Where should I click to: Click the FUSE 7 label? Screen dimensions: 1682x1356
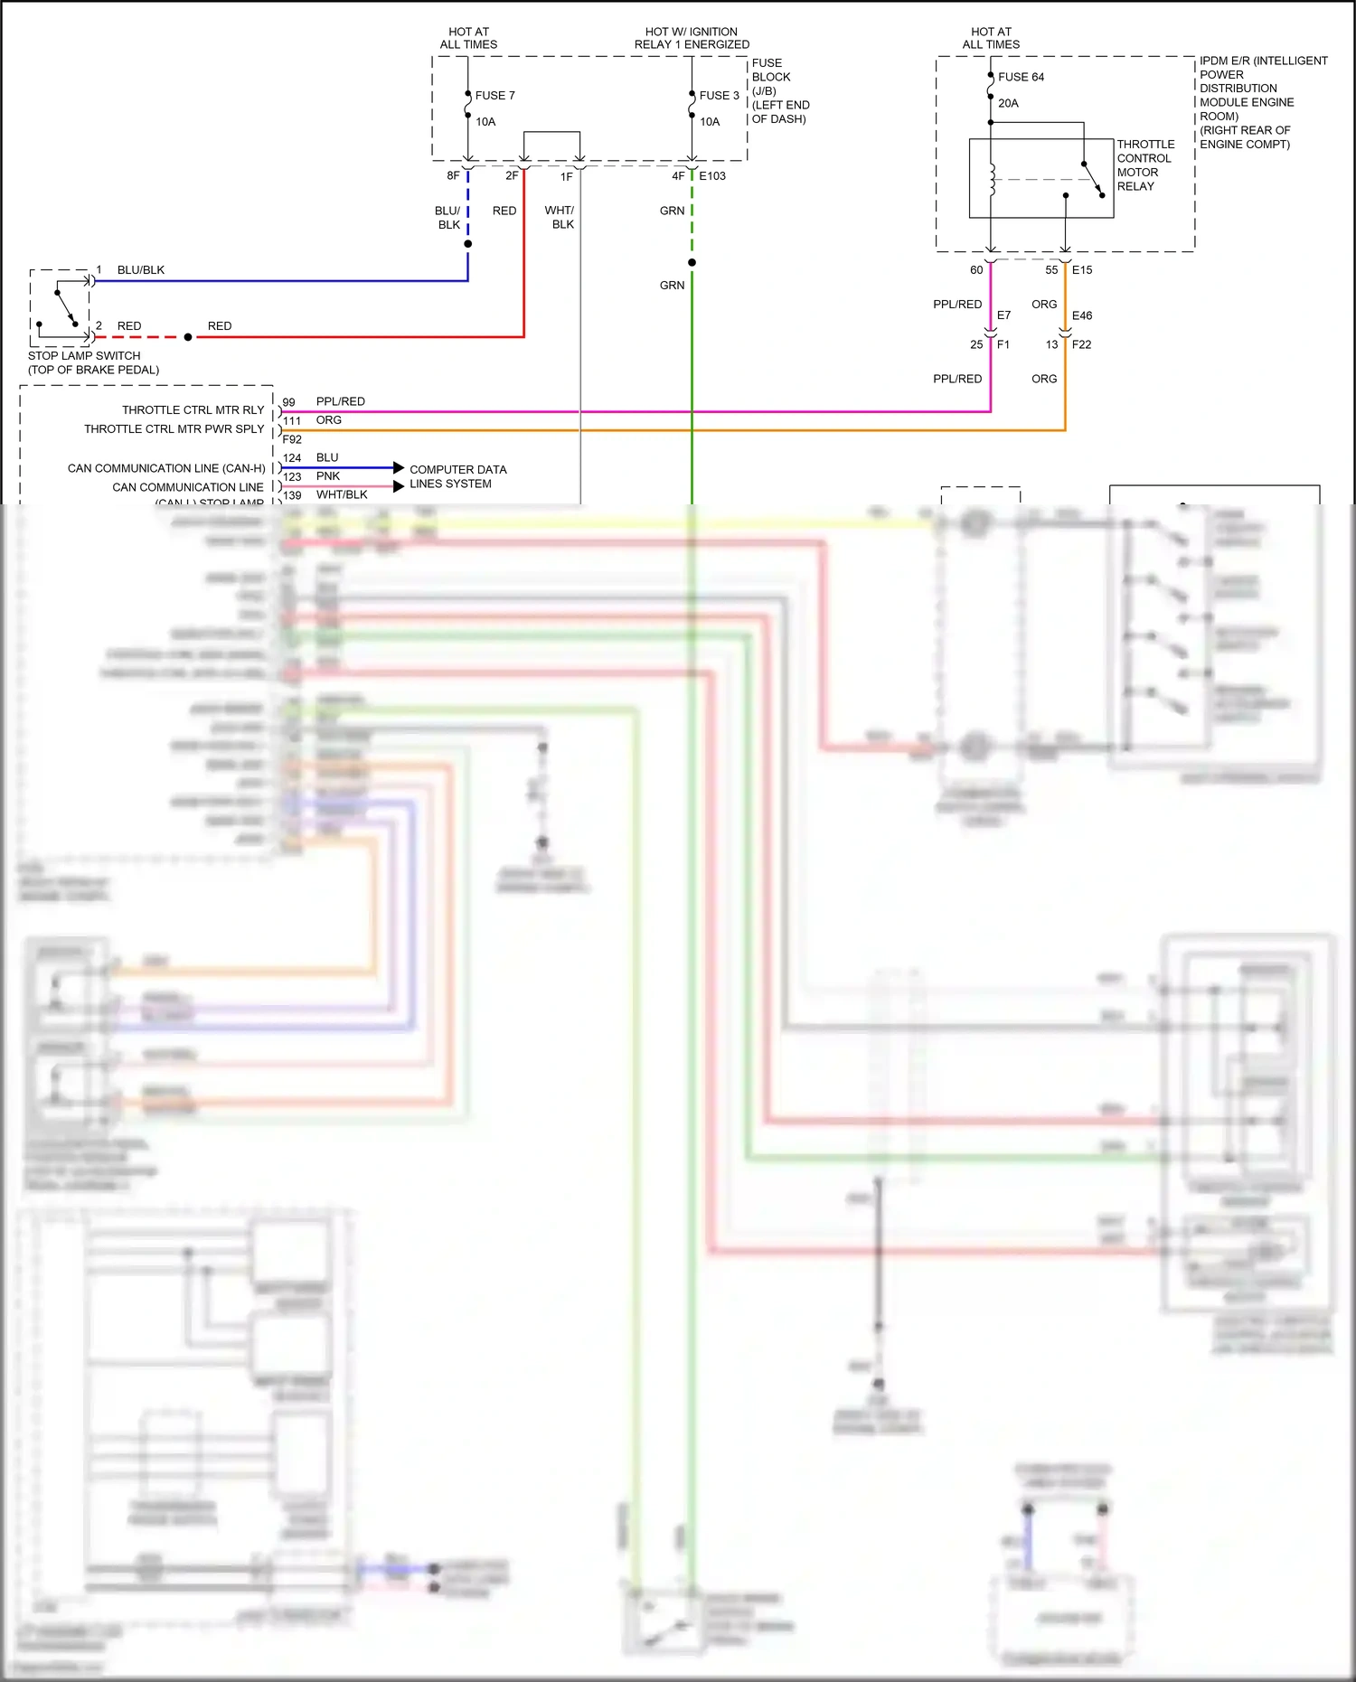494,95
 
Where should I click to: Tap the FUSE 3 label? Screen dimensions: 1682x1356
719,95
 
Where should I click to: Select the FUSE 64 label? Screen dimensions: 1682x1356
1021,77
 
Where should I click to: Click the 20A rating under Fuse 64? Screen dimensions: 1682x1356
1008,103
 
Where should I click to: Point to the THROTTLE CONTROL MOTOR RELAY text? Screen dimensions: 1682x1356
1144,164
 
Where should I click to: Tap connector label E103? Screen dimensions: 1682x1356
712,176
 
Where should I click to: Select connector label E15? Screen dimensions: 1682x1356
1082,269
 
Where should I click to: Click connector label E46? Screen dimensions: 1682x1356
1082,315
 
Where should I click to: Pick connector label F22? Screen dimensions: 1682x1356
1081,344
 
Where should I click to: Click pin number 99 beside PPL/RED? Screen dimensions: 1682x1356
288,402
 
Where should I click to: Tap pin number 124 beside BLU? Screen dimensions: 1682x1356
292,458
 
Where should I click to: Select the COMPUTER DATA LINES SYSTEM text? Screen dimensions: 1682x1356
457,476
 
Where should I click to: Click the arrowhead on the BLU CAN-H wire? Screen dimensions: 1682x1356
399,467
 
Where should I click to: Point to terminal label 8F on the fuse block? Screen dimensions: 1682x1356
453,176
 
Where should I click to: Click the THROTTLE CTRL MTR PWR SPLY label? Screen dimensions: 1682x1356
174,429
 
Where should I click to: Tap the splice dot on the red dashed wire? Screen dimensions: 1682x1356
188,337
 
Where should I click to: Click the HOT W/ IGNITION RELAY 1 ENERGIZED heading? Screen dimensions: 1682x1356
692,38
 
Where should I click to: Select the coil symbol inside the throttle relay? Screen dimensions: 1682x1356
992,180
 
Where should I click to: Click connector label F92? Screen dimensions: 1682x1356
292,439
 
